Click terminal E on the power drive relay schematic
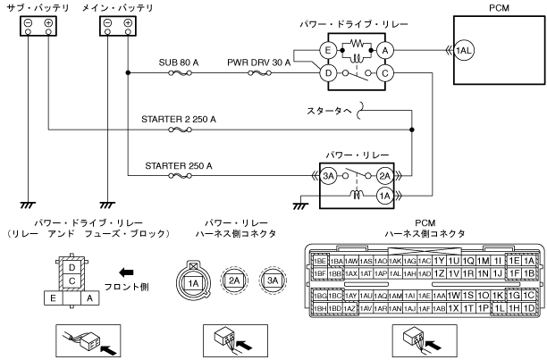[x=329, y=52]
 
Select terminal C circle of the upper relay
[x=385, y=72]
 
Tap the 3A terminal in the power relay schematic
[x=329, y=176]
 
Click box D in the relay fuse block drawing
[x=70, y=265]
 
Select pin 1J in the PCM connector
[x=499, y=272]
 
